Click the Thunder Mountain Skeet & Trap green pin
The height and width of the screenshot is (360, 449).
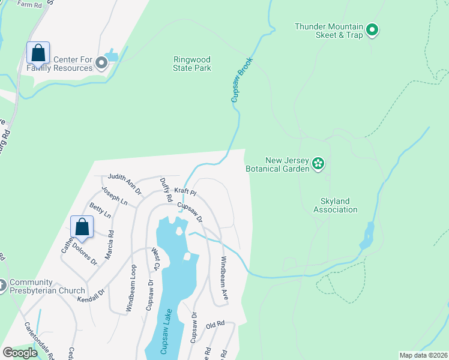tap(372, 29)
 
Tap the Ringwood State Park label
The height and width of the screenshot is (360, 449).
tap(191, 64)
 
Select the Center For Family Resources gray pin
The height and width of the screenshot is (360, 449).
tap(101, 63)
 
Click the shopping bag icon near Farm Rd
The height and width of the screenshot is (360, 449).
tap(38, 53)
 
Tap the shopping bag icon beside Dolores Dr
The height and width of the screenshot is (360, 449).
tap(82, 227)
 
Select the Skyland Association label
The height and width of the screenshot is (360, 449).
tap(335, 205)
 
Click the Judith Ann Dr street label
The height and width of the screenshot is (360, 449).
tap(124, 184)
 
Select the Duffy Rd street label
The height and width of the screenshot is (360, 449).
tap(166, 188)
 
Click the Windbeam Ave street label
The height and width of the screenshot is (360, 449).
tap(224, 271)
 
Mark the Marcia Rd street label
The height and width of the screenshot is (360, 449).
tap(110, 246)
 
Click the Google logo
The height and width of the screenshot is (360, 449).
tap(20, 353)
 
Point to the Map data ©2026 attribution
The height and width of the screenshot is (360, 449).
tap(423, 355)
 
